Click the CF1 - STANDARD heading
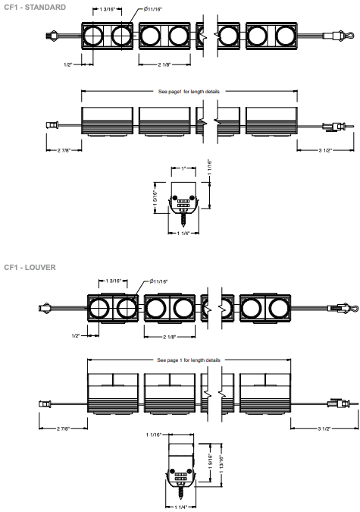[35, 7]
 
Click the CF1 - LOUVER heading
[30, 268]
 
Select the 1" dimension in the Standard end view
[183, 168]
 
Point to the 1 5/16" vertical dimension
[155, 198]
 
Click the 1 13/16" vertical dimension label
[221, 464]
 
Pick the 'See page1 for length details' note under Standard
[189, 92]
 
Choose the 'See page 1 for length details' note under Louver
[189, 360]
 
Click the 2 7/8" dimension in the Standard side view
[64, 150]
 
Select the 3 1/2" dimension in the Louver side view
[324, 429]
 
